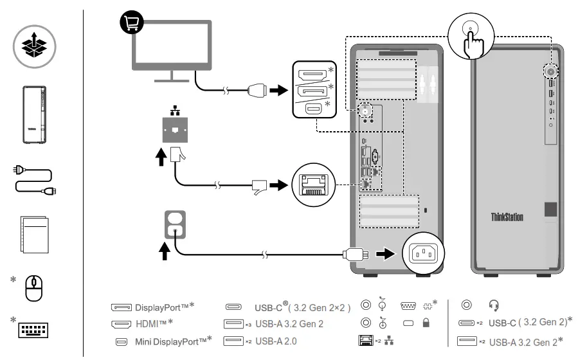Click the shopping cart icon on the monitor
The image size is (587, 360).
click(x=131, y=22)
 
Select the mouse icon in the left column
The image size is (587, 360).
click(x=33, y=288)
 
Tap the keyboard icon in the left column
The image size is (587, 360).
click(x=33, y=330)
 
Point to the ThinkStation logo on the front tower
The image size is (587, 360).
click(x=507, y=217)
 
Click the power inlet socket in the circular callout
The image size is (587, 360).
click(x=424, y=253)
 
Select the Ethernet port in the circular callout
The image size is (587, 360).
click(x=313, y=184)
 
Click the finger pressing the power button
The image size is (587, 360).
click(x=473, y=43)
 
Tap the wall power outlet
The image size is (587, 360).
click(x=175, y=224)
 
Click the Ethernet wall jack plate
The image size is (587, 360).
click(x=175, y=130)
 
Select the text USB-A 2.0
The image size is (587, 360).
click(x=276, y=341)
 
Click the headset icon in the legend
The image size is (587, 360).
click(x=493, y=305)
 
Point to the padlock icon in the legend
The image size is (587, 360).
click(x=426, y=323)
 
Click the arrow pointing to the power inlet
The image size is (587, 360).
click(x=385, y=254)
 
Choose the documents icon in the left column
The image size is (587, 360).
click(x=35, y=234)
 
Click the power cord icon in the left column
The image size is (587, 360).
click(x=35, y=181)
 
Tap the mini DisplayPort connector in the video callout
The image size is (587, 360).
click(x=313, y=109)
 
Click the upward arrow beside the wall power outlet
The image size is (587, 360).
click(x=165, y=251)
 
